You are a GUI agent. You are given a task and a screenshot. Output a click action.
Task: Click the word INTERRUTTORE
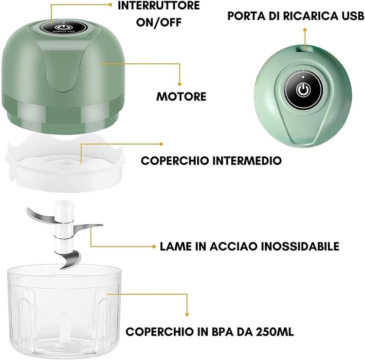point(159,5)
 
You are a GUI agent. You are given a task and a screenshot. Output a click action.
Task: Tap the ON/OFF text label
point(159,22)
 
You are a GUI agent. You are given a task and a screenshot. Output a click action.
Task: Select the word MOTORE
point(182,96)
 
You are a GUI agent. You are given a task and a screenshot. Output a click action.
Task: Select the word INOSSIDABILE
point(300,246)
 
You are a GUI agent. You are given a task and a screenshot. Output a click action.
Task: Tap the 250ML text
point(274,332)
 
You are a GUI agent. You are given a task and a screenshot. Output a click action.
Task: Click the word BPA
point(222,332)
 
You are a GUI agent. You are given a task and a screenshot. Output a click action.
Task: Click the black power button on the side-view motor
point(64,27)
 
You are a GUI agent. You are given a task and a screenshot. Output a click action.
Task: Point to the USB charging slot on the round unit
point(305,49)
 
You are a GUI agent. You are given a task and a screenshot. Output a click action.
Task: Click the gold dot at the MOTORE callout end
point(180,84)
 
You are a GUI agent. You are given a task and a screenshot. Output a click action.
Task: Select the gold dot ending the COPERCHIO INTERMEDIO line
point(161,144)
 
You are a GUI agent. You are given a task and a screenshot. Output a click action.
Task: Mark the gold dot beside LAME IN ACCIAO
point(154,246)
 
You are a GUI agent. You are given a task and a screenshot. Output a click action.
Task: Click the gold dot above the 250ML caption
point(187,315)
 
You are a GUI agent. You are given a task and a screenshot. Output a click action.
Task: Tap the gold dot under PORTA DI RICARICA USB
point(305,30)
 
